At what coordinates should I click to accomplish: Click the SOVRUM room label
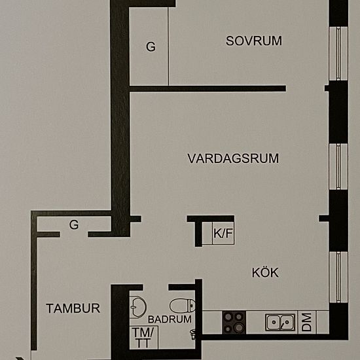pyautogui.click(x=253, y=41)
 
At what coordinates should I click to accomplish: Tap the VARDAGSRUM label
pyautogui.click(x=233, y=158)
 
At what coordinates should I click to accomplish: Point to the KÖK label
pyautogui.click(x=265, y=272)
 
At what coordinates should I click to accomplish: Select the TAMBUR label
pyautogui.click(x=73, y=308)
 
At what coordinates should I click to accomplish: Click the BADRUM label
pyautogui.click(x=170, y=320)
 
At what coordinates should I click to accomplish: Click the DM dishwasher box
pyautogui.click(x=306, y=322)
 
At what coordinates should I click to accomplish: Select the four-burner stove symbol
pyautogui.click(x=234, y=321)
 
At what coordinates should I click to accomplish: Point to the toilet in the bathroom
pyautogui.click(x=181, y=305)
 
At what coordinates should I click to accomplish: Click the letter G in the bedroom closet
pyautogui.click(x=151, y=46)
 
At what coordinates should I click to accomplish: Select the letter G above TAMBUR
pyautogui.click(x=74, y=225)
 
